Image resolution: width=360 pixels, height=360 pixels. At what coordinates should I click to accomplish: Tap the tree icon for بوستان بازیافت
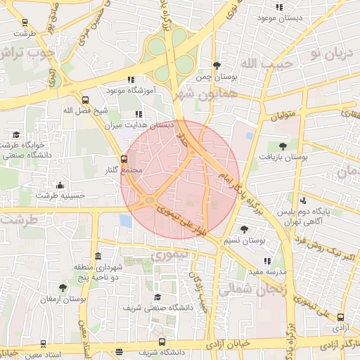coord(283,147)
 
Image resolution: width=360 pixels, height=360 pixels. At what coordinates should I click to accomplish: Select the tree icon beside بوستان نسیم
coord(244,229)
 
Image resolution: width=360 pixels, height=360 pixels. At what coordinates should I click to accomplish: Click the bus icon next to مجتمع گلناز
coord(124,159)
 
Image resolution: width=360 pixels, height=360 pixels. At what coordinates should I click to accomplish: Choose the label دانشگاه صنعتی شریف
coord(153,308)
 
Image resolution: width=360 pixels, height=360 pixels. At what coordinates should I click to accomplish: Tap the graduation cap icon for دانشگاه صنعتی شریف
coord(157,297)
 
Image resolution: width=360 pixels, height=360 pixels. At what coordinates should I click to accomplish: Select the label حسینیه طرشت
coord(60,196)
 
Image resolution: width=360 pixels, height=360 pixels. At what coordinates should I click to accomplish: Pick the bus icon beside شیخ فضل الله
coord(86,100)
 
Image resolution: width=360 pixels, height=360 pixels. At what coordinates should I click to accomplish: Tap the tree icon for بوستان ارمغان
coord(63,288)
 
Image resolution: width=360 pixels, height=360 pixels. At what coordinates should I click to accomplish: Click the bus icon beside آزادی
coord(341,318)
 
